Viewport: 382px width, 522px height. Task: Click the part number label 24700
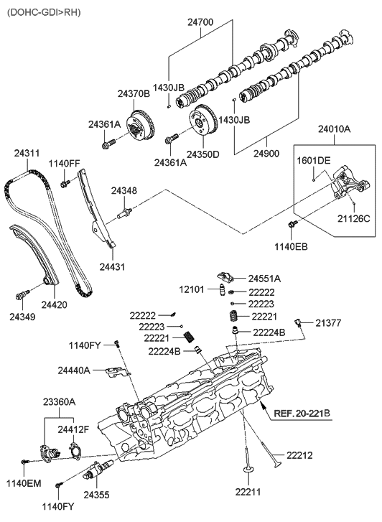tap(201, 23)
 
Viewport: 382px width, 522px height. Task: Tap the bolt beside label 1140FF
tap(65, 185)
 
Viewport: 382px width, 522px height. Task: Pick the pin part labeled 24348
tap(125, 211)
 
